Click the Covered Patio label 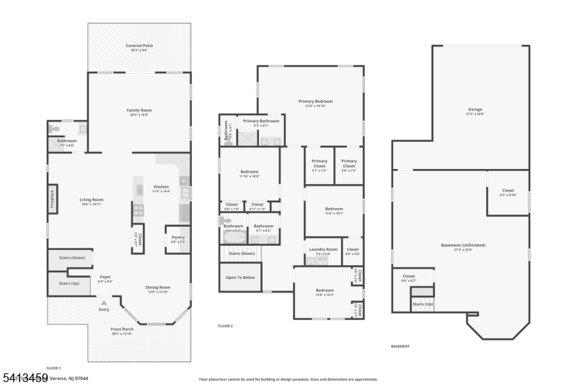click(x=139, y=46)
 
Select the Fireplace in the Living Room click(x=53, y=200)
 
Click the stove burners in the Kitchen click(x=138, y=211)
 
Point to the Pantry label click(x=177, y=240)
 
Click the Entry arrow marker click(x=105, y=302)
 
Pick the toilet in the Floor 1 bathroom click(x=56, y=129)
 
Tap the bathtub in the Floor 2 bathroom click(x=233, y=236)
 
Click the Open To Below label click(x=239, y=277)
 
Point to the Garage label click(x=475, y=110)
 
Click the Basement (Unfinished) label click(x=463, y=245)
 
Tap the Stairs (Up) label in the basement click(x=423, y=304)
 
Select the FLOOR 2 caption click(x=226, y=326)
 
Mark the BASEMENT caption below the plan click(x=401, y=346)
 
